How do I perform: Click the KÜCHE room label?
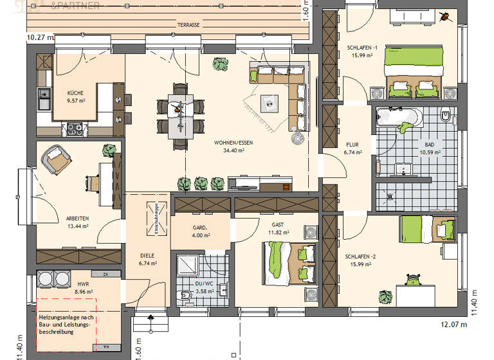point(75,93)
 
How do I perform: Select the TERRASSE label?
point(188,24)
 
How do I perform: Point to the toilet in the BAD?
point(446,118)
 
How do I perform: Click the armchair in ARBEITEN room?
point(56,159)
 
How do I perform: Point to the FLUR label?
point(352,145)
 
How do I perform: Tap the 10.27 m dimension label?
point(40,38)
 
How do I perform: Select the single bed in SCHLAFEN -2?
point(427,229)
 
